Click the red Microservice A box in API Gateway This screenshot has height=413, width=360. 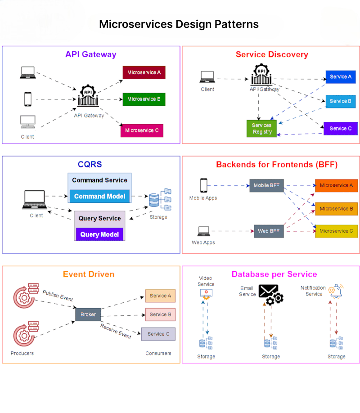(143, 72)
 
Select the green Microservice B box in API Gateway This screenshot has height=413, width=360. (143, 99)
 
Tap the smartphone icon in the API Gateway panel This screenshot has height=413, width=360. (27, 99)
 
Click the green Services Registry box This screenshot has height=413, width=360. (261, 129)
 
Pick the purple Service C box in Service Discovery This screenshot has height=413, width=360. (341, 128)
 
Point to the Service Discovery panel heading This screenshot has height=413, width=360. (271, 54)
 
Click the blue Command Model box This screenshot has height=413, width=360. (99, 196)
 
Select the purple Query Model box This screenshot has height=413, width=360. (99, 234)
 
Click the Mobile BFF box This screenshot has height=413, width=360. (267, 185)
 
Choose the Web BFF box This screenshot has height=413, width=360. (269, 231)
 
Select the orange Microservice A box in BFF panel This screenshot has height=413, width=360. (336, 185)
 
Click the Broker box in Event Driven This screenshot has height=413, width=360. (88, 314)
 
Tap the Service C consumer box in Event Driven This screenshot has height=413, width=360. (158, 334)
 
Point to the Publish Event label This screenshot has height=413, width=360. (58, 296)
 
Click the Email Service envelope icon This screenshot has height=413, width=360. (270, 295)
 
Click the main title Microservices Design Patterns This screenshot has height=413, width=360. (179, 24)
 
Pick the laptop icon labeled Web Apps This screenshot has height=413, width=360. (203, 231)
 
